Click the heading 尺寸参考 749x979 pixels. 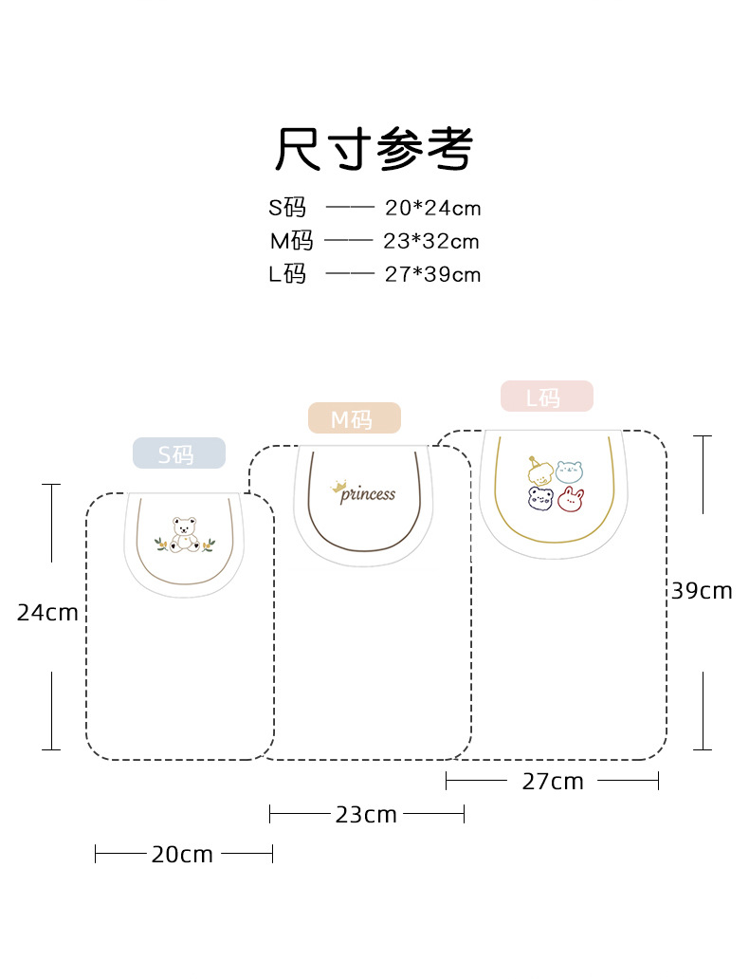[374, 149]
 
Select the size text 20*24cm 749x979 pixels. [432, 208]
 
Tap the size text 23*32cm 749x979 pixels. [430, 241]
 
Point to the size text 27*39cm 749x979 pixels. [432, 275]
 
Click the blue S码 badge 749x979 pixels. [178, 453]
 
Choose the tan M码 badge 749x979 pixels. [354, 418]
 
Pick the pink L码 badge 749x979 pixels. [546, 397]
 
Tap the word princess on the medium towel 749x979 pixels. [368, 494]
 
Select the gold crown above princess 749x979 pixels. [338, 488]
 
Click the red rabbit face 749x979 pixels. [569, 499]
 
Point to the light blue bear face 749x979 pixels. [569, 471]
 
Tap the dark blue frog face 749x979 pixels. [540, 499]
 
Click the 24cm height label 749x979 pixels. [47, 613]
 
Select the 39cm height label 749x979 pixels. [702, 591]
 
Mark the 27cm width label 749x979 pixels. [553, 782]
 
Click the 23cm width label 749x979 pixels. [366, 815]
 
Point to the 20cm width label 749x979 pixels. [182, 855]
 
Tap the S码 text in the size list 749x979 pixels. [287, 208]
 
